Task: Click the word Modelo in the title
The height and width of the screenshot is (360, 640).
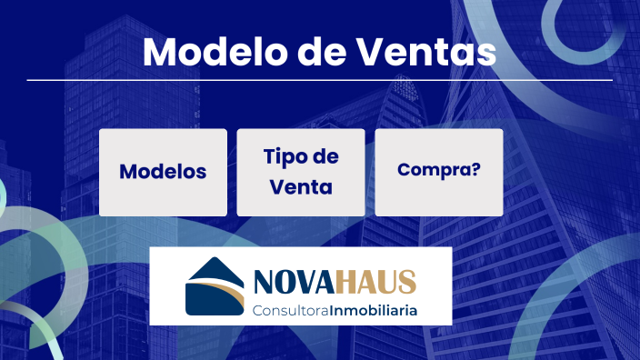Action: pos(203,52)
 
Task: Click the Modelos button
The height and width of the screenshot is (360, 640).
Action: pos(163,172)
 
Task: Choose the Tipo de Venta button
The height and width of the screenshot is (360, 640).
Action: pos(301,172)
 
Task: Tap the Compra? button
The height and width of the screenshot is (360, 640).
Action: pos(439,172)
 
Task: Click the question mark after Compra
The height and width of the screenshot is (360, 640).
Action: pos(475,171)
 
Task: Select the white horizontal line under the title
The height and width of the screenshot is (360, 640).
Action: pos(319,80)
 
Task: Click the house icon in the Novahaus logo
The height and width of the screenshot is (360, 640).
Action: pos(213,285)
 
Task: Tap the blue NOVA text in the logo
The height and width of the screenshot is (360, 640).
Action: pos(292,282)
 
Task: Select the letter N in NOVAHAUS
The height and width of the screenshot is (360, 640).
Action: pos(260,282)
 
